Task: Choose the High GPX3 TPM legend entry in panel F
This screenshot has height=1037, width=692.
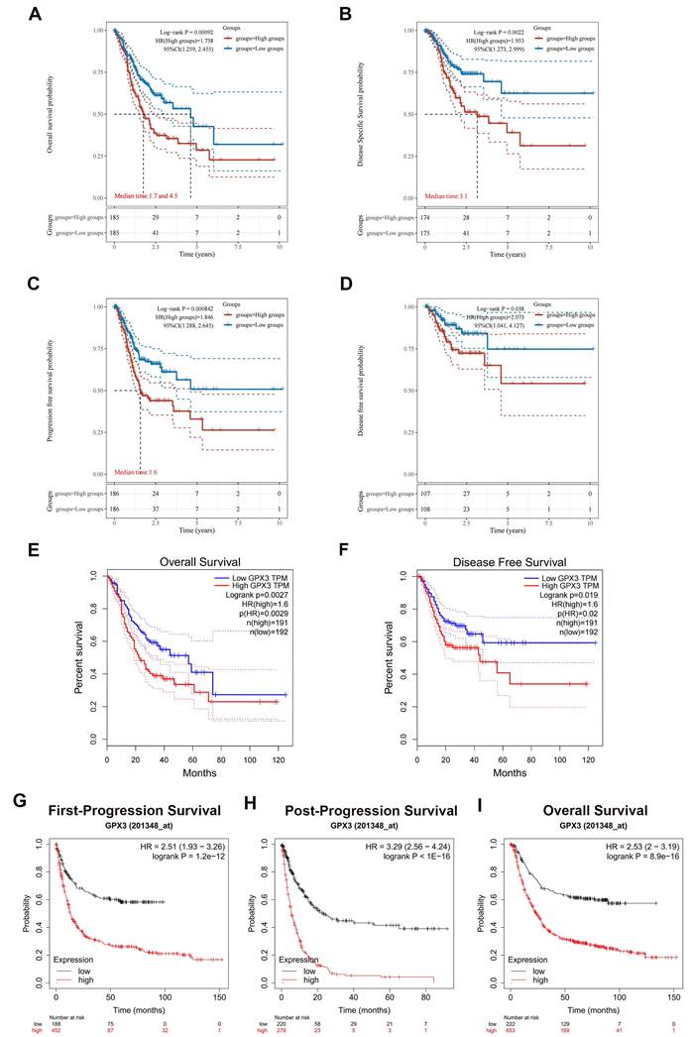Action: click(x=563, y=588)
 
